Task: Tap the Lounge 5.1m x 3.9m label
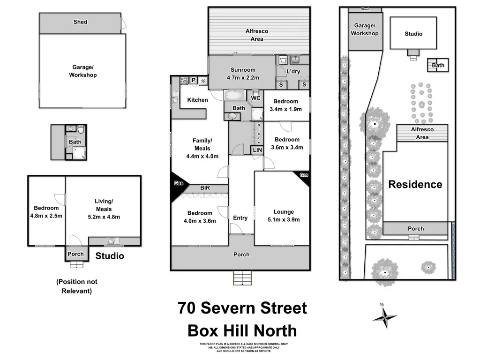pyautogui.click(x=284, y=215)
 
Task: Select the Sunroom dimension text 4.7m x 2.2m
pyautogui.click(x=243, y=78)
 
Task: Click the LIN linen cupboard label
pyautogui.click(x=257, y=150)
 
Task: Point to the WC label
pyautogui.click(x=255, y=98)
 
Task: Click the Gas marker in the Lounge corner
pyautogui.click(x=304, y=175)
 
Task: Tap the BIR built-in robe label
pyautogui.click(x=205, y=188)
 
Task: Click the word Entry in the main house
pyautogui.click(x=240, y=218)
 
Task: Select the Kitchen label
pyautogui.click(x=197, y=100)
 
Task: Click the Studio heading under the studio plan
pyautogui.click(x=110, y=256)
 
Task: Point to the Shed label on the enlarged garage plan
pyautogui.click(x=80, y=22)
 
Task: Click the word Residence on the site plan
pyautogui.click(x=415, y=184)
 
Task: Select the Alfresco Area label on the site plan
pyautogui.click(x=422, y=133)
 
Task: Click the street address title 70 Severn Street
pyautogui.click(x=242, y=308)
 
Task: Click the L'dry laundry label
pyautogui.click(x=293, y=71)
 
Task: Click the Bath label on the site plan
pyautogui.click(x=438, y=66)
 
